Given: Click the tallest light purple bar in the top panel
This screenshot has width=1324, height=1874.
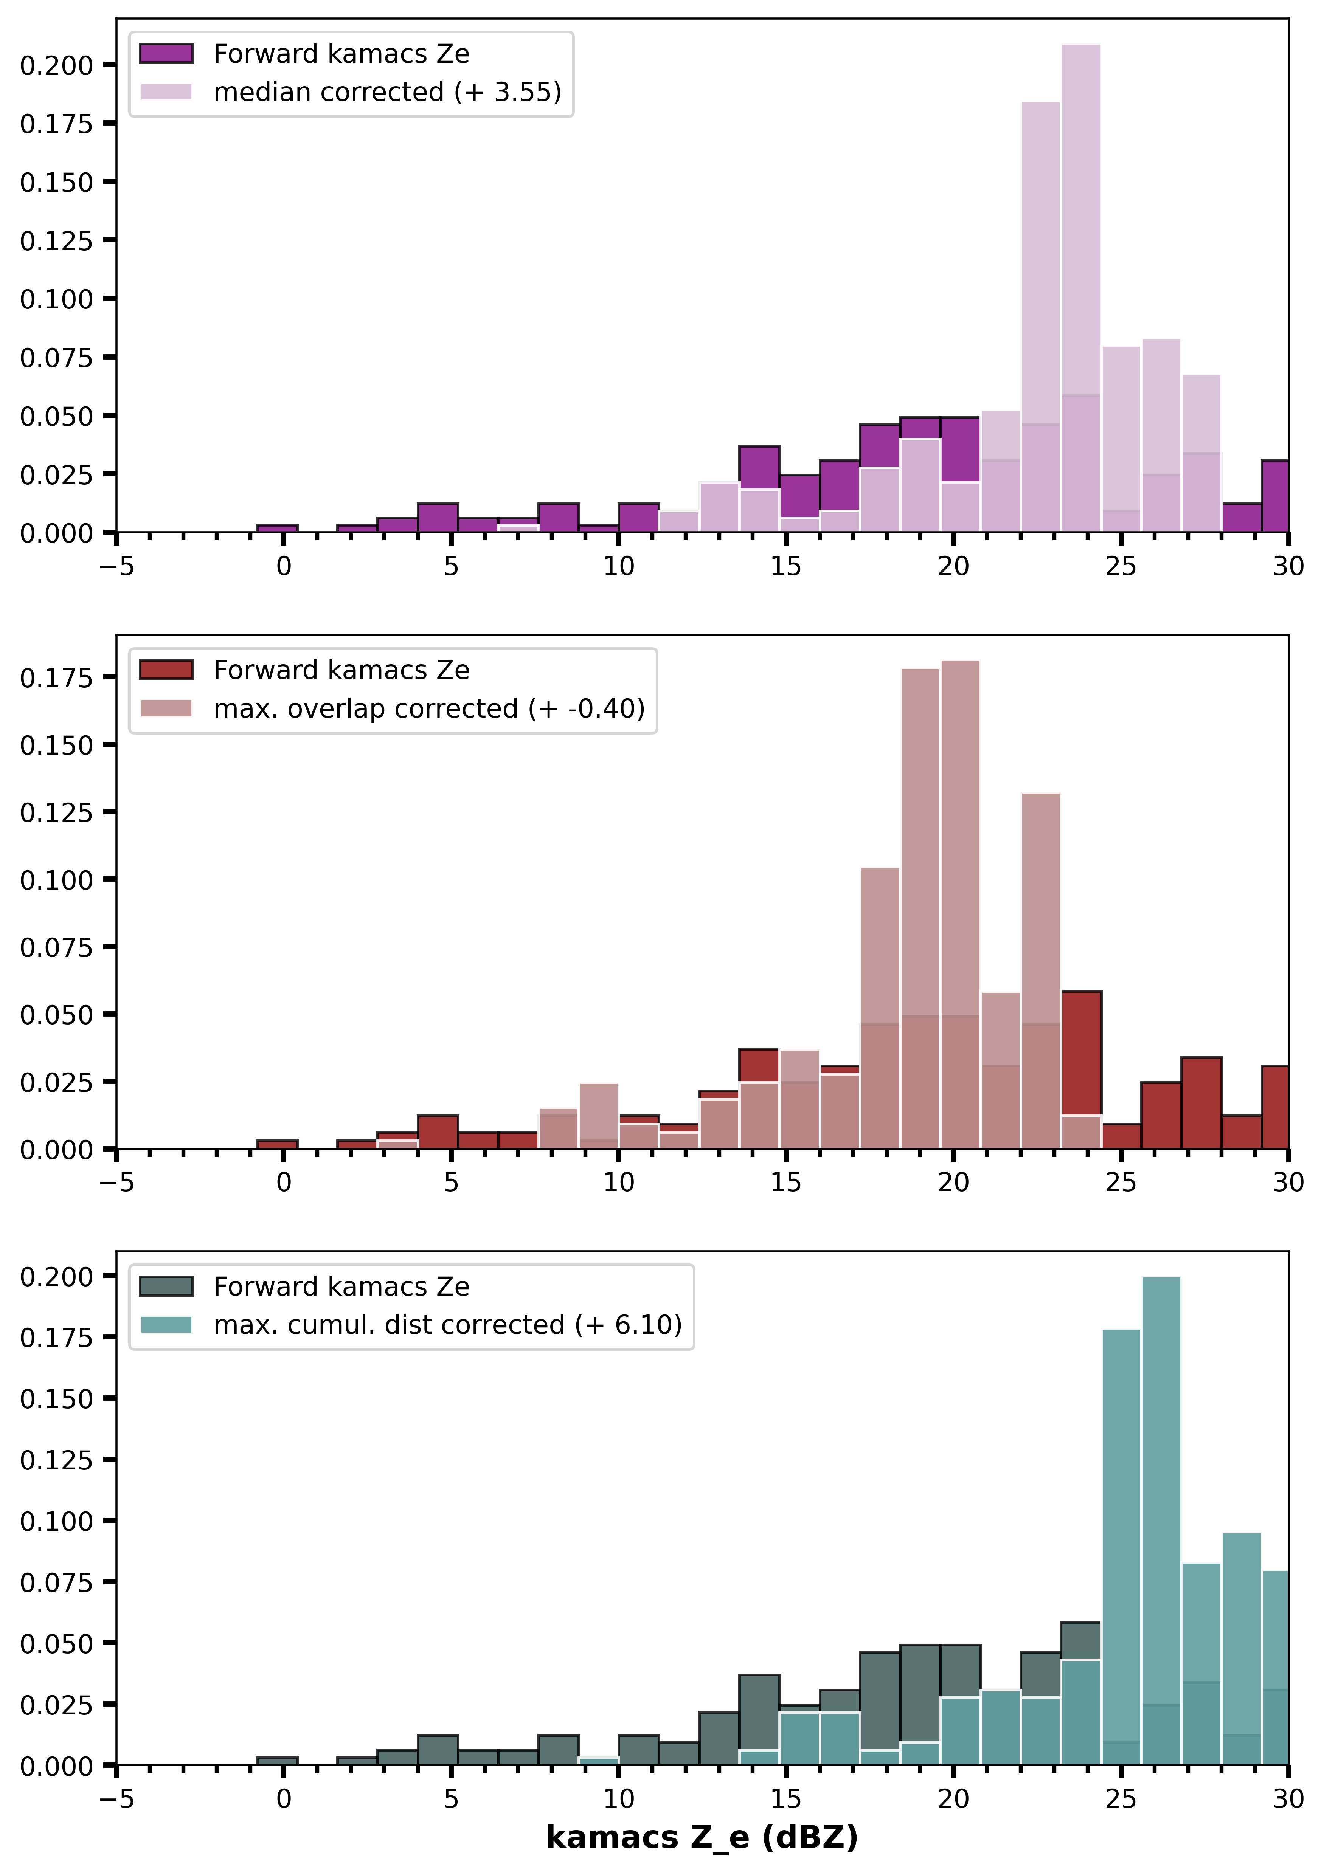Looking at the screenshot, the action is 1081,288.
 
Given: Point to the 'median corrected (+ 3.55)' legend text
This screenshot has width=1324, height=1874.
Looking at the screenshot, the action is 388,92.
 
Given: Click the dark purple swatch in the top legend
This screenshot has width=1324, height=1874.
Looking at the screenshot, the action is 166,54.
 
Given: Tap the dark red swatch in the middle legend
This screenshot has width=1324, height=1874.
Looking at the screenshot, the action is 166,670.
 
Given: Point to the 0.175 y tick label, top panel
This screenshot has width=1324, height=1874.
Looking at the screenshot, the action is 57,124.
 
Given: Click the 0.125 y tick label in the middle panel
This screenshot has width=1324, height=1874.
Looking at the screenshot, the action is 57,812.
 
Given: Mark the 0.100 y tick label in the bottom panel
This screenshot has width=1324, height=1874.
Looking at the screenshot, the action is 57,1521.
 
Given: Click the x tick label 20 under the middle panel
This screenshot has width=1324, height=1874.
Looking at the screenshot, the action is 953,1183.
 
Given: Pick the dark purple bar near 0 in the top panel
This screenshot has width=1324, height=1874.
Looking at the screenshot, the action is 277,528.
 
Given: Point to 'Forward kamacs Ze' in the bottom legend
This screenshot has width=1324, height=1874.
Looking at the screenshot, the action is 341,1287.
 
